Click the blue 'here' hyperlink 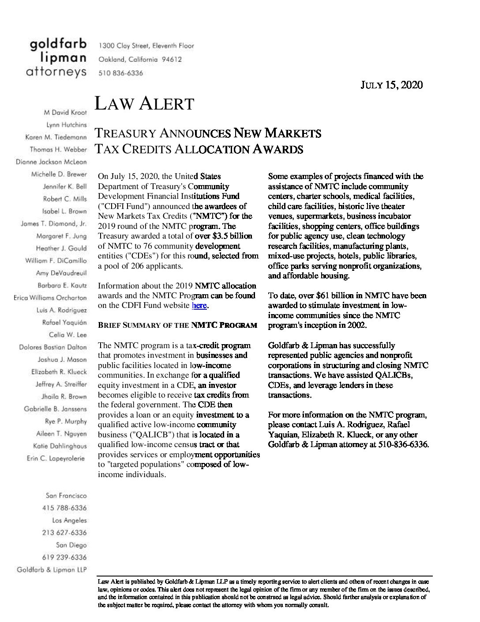click(x=199, y=305)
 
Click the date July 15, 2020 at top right click(x=392, y=85)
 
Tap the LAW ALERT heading click(x=144, y=104)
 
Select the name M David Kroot click(x=66, y=113)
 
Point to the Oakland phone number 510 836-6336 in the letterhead click(x=121, y=73)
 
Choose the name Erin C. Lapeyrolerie click(x=56, y=459)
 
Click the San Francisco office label click(x=66, y=496)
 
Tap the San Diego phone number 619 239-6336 click(x=64, y=558)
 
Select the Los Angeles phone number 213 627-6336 click(x=64, y=533)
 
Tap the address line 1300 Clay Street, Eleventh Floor click(x=146, y=46)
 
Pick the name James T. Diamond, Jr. click(x=54, y=224)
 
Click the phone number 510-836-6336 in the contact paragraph click(x=404, y=444)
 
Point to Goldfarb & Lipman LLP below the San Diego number click(x=52, y=570)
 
